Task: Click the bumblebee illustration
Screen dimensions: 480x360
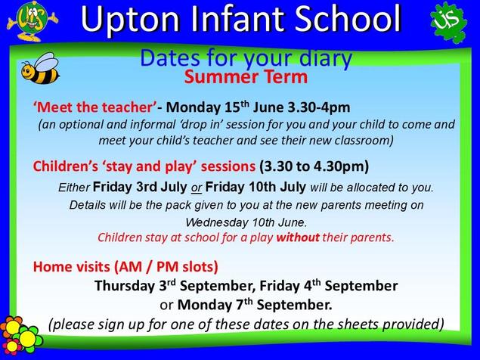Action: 40,68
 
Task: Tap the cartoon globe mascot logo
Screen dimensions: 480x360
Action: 33,20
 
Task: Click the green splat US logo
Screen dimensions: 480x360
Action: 448,22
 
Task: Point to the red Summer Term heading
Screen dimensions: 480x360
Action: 246,77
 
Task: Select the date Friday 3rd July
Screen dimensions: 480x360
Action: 140,187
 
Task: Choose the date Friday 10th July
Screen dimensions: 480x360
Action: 255,187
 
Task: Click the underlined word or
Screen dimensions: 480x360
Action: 197,188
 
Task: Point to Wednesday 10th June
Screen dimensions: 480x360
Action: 246,222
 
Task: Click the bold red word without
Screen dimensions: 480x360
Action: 298,237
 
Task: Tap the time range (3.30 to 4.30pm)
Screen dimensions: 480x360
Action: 314,166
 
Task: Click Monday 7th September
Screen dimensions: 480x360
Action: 255,305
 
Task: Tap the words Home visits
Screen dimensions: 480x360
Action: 71,266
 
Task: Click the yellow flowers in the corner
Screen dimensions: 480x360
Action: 20,335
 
